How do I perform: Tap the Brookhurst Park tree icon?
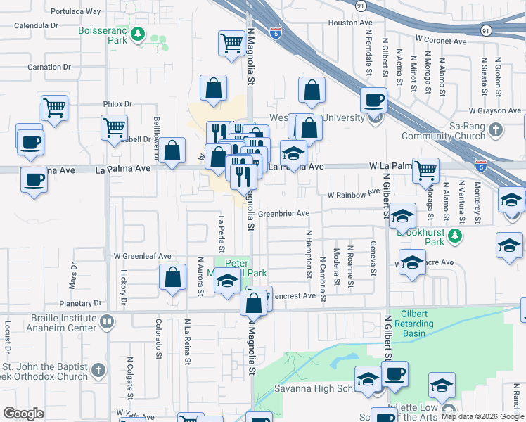point(456,234)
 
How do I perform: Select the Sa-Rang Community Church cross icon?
point(496,130)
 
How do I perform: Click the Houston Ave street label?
point(344,23)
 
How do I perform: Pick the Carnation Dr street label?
point(53,68)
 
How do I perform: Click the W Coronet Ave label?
point(441,41)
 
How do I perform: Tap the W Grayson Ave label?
point(495,110)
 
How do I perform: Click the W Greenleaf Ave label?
point(143,256)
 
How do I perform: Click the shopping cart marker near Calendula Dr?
point(231,43)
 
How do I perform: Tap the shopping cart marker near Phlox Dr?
point(114,127)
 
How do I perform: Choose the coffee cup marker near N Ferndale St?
point(373,99)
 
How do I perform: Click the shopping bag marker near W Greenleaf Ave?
point(172,277)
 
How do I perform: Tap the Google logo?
point(23,414)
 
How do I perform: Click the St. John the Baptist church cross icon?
point(99,369)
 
